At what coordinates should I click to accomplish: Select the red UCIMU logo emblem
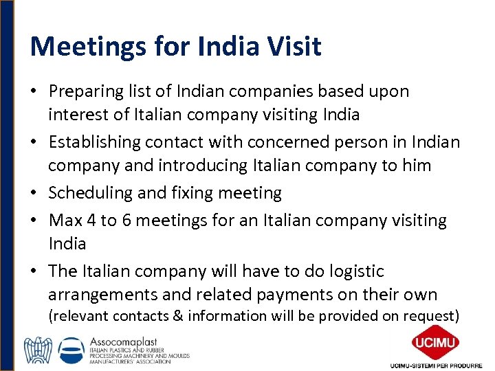435,341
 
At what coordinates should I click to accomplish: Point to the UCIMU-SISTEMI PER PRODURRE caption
435,364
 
